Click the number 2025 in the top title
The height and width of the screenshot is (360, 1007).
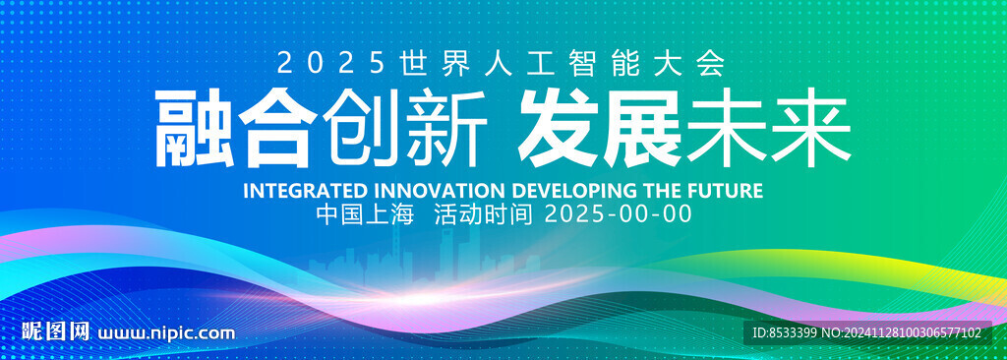(x=331, y=64)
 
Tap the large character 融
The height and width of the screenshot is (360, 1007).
(x=194, y=129)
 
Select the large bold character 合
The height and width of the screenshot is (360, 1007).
(x=278, y=129)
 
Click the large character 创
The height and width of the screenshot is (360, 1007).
(x=362, y=129)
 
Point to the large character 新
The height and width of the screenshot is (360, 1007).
(x=444, y=129)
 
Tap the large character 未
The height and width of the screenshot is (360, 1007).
(x=727, y=129)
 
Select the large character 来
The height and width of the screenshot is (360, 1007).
(x=811, y=129)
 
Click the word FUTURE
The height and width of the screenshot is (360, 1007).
(x=727, y=191)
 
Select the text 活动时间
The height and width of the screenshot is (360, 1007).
(x=484, y=214)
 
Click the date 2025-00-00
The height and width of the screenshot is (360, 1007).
(x=619, y=214)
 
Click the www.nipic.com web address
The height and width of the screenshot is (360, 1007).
(x=165, y=333)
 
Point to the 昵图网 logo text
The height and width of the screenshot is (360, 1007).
(x=55, y=332)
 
